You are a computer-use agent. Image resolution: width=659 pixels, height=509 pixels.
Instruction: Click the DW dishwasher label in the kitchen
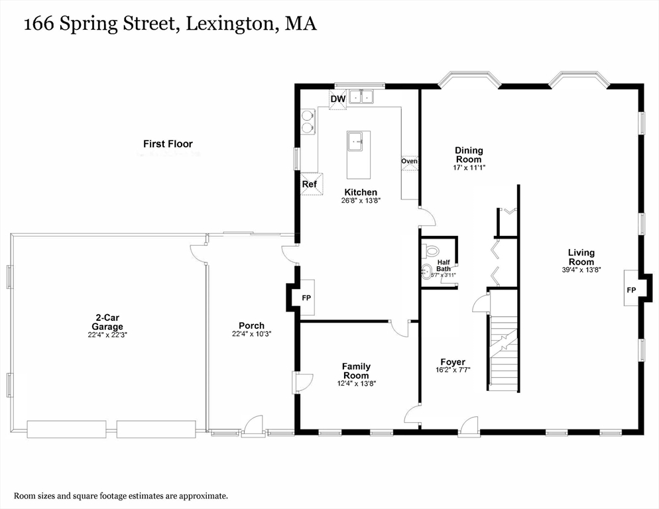(x=338, y=99)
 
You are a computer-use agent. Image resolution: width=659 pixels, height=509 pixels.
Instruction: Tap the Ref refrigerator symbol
(x=310, y=184)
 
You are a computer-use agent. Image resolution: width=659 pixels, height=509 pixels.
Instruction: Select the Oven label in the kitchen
(x=409, y=161)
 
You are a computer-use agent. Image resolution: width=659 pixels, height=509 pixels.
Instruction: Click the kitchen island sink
(x=358, y=141)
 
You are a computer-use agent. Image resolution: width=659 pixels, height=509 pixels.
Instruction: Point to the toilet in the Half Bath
(x=432, y=251)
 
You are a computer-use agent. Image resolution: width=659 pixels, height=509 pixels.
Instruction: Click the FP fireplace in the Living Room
(x=631, y=290)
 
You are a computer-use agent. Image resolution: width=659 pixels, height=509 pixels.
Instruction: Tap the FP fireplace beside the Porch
(x=306, y=298)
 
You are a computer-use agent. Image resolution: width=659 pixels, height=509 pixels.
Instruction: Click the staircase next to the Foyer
(x=503, y=351)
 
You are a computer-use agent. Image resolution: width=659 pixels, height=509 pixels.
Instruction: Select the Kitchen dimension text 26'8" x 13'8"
(x=360, y=200)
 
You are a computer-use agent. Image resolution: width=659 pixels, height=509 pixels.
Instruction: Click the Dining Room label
(x=469, y=155)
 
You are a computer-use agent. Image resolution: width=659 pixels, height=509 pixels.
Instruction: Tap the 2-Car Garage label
(x=107, y=322)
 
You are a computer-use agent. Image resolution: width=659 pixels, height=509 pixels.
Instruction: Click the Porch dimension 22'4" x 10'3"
(x=251, y=334)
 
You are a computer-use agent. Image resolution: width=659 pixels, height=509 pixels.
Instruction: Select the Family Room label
(x=356, y=370)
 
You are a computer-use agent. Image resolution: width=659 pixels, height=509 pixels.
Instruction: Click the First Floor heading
(x=168, y=144)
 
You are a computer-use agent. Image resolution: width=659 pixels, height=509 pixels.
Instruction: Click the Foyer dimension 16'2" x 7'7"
(x=453, y=371)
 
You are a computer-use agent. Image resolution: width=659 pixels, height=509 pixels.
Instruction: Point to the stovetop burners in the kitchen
(x=308, y=121)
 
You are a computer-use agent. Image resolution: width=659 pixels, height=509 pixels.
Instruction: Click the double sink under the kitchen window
(x=361, y=97)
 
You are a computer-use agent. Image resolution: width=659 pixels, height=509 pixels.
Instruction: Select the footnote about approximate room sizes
(x=121, y=495)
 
